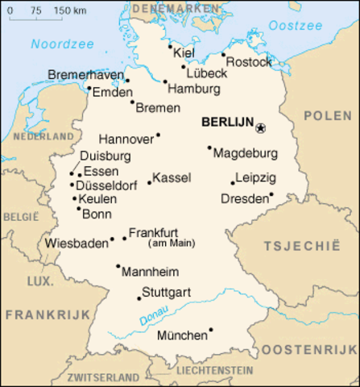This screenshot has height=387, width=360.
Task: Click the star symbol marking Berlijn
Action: [x=260, y=127]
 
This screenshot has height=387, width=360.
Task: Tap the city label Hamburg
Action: [x=194, y=89]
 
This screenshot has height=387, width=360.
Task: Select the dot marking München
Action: [x=211, y=329]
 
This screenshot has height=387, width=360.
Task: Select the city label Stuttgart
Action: [x=166, y=291]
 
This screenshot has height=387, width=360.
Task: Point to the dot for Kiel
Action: [x=171, y=46]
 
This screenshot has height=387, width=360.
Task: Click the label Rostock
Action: [x=250, y=61]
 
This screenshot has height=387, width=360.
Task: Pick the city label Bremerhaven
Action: [x=86, y=75]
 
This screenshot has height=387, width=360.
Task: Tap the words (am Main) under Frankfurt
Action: [x=172, y=242]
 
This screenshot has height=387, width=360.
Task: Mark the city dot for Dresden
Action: [x=271, y=193]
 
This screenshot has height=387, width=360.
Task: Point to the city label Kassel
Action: [x=171, y=177]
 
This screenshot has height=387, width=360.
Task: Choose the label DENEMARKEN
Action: [x=175, y=7]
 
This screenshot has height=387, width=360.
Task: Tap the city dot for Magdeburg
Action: [x=209, y=148]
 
